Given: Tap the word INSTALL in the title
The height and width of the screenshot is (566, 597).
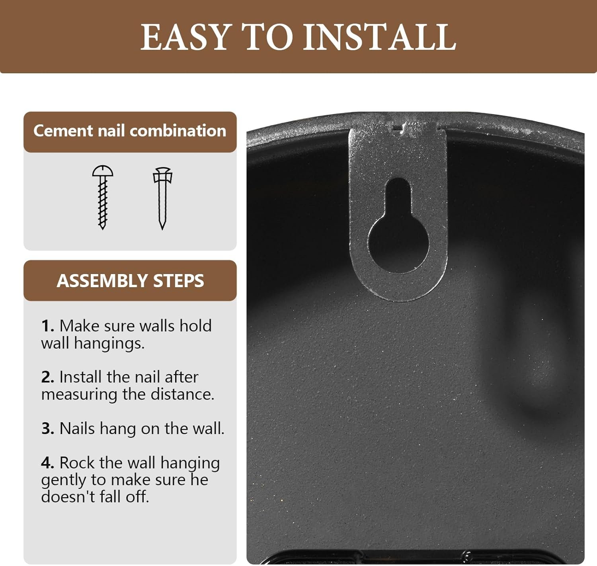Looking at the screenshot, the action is tap(380, 37).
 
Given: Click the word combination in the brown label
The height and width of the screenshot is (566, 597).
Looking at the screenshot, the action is tap(178, 131).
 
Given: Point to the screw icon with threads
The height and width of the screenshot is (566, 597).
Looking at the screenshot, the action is tap(103, 197).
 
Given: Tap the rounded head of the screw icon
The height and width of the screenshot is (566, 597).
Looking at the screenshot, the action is tap(103, 171).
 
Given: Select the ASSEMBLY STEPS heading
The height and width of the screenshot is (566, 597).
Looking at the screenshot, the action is tap(130, 280).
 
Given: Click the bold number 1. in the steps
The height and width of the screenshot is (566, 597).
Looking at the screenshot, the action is tap(48, 326).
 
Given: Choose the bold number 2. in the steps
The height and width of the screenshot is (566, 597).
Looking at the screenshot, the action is tap(48, 377).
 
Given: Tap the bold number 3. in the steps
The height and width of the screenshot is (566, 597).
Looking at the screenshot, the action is tap(48, 428).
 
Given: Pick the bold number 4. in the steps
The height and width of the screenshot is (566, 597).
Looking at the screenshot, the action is tap(48, 463).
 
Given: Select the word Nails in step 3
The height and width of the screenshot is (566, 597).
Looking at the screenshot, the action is tap(78, 428).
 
